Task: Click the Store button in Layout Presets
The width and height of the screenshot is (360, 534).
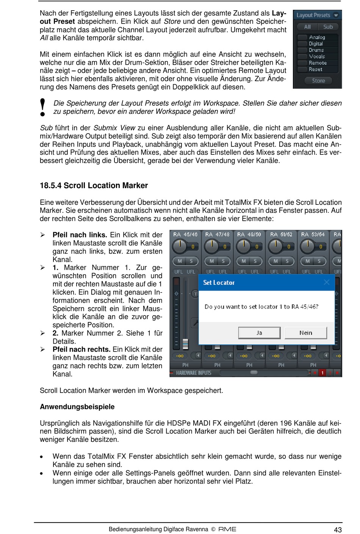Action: coord(318,81)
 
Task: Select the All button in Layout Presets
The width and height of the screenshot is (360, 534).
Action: coord(307,27)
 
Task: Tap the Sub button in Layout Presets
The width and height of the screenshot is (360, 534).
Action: coord(328,27)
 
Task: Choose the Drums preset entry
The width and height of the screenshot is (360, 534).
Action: coord(316,50)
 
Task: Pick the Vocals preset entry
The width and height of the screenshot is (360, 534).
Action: coord(317,57)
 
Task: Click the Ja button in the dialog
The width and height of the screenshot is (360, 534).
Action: coord(259,333)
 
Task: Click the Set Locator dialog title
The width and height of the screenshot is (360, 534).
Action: coord(219,283)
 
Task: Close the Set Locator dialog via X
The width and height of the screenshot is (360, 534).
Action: coord(326,282)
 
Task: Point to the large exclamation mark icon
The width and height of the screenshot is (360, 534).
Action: coord(43,107)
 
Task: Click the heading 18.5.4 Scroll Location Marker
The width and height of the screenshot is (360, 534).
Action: coord(94,185)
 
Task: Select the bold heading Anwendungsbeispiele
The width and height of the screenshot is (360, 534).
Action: coord(77,407)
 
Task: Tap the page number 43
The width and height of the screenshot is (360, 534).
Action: coord(338,530)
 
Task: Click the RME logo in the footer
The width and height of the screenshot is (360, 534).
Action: coord(227,529)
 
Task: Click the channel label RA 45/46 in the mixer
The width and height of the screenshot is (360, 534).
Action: coord(185,234)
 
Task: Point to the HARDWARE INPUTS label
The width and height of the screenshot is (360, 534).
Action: coord(193,373)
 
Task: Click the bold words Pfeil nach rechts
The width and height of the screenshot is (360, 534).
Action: coord(81,349)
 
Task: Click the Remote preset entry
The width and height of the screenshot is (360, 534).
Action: coord(318,63)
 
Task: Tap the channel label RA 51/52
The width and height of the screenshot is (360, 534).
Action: coord(281,234)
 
